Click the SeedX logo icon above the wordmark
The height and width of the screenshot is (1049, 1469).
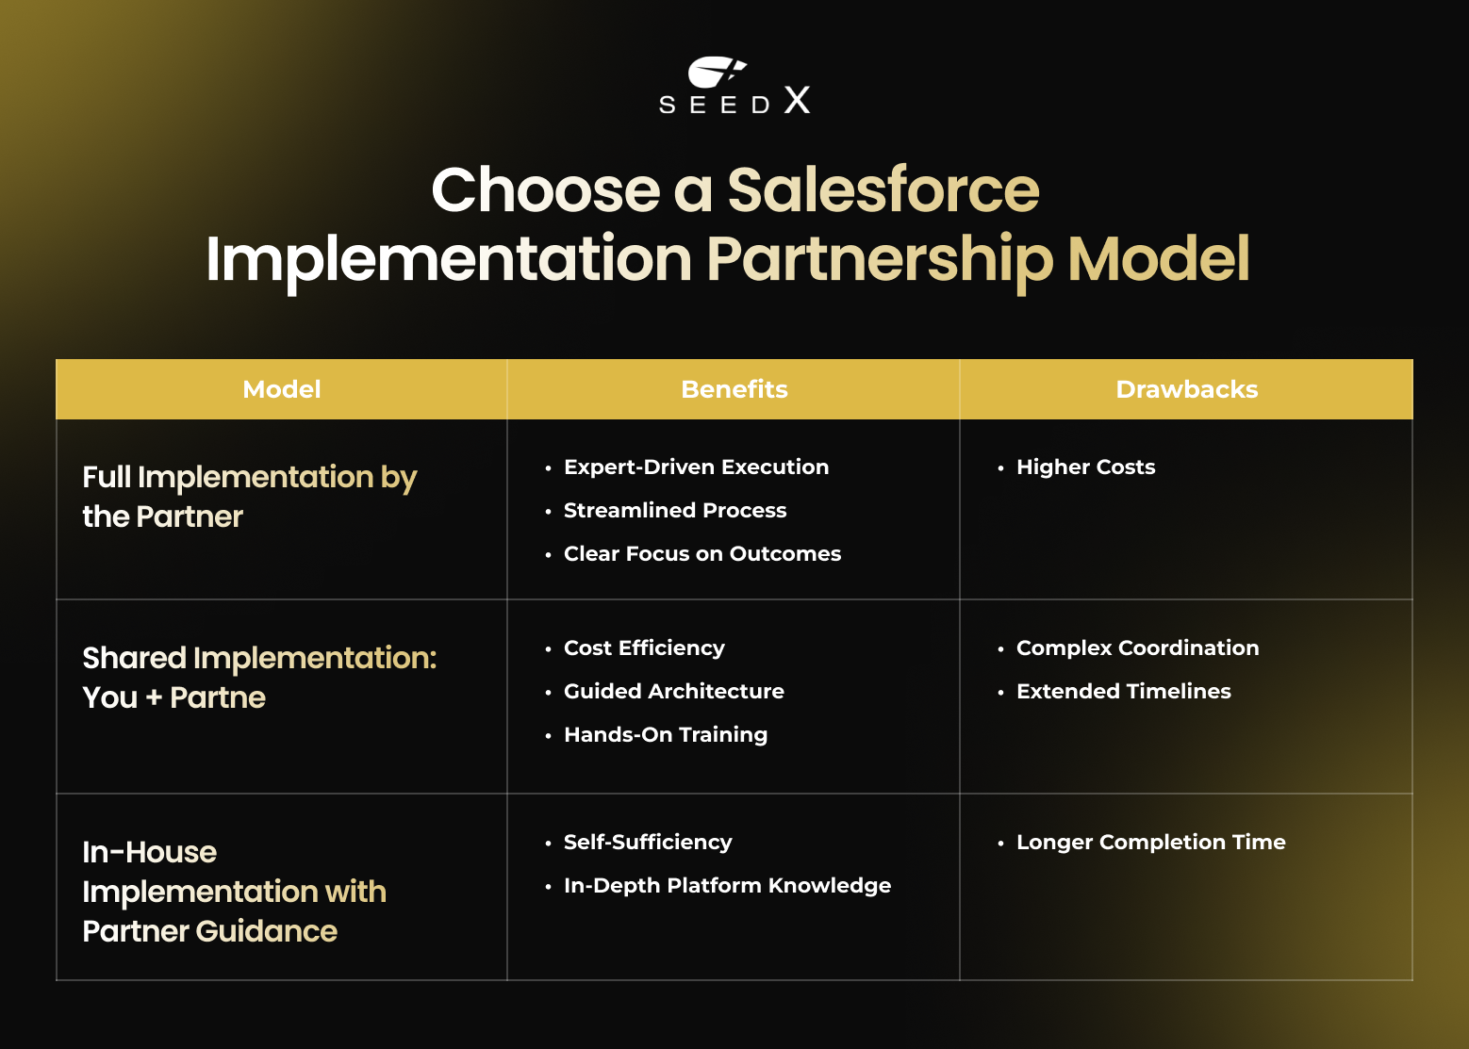717,73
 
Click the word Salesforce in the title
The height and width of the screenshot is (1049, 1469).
883,190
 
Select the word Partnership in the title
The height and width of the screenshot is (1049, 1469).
879,259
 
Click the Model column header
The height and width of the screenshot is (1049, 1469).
282,389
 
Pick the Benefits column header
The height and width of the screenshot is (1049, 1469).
734,389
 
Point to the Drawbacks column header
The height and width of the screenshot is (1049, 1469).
1186,389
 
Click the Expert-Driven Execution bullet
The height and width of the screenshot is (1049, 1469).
696,467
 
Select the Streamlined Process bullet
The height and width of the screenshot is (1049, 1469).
675,511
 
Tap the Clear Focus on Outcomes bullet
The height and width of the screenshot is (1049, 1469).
702,554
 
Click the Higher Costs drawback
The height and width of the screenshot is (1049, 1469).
1085,467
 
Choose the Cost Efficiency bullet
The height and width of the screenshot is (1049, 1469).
644,648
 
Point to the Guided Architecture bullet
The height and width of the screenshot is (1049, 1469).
674,692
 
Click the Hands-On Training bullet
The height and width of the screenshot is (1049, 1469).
666,735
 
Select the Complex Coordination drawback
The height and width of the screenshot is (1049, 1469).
1137,648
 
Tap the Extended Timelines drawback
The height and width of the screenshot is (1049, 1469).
1123,692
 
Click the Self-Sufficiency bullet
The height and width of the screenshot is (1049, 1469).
648,843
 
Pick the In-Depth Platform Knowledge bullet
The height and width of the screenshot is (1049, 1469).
727,886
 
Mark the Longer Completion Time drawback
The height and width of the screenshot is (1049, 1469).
1150,843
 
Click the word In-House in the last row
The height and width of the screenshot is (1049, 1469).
150,853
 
